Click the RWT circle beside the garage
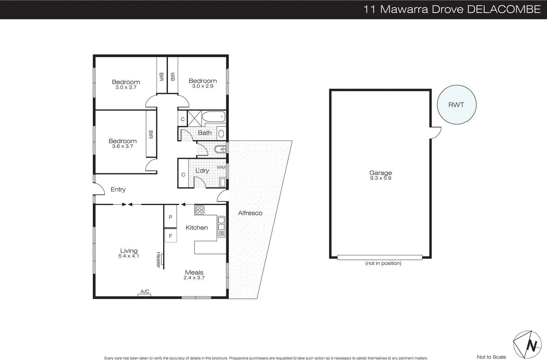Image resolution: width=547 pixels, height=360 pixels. pyautogui.click(x=456, y=105)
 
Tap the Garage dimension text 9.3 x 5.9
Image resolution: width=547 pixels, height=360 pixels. pyautogui.click(x=381, y=178)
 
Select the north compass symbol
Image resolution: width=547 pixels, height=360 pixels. pyautogui.click(x=527, y=345)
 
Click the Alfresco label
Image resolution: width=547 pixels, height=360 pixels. pyautogui.click(x=250, y=213)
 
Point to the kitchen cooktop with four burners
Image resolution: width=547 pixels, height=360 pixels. pyautogui.click(x=200, y=210)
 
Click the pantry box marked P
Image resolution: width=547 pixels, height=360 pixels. pyautogui.click(x=170, y=217)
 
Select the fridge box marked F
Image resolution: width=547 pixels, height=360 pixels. pyautogui.click(x=170, y=236)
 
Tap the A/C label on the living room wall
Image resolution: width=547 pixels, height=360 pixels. pyautogui.click(x=145, y=292)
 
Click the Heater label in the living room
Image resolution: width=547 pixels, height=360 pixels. pyautogui.click(x=158, y=260)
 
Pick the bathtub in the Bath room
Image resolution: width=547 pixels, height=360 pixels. pyautogui.click(x=213, y=117)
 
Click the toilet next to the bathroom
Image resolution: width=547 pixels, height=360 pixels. pyautogui.click(x=220, y=149)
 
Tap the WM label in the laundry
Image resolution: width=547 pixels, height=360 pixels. pyautogui.click(x=221, y=168)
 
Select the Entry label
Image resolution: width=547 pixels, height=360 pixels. pyautogui.click(x=118, y=189)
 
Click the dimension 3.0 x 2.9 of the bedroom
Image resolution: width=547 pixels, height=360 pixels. pyautogui.click(x=202, y=86)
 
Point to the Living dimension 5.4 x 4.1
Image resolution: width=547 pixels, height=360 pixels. pyautogui.click(x=129, y=256)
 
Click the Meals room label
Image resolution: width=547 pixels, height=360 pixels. pyautogui.click(x=194, y=272)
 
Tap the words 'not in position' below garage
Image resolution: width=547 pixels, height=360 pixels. pyautogui.click(x=383, y=263)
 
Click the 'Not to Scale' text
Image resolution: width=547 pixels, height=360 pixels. pyautogui.click(x=491, y=357)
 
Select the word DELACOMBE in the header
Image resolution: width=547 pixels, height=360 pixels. pyautogui.click(x=504, y=9)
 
